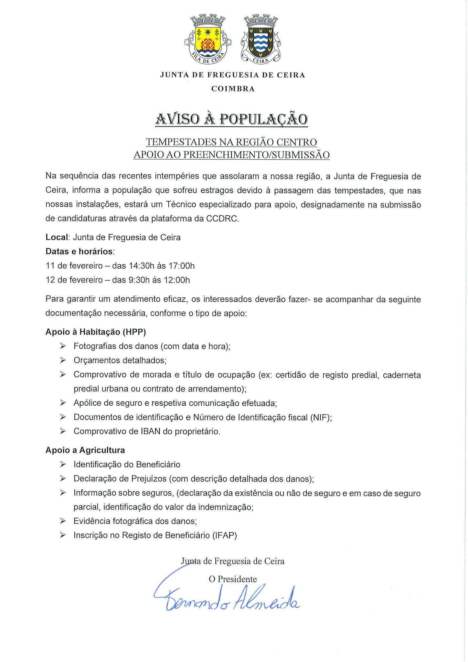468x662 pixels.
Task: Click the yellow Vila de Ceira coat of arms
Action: click(208, 40)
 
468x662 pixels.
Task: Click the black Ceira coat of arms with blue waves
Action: click(260, 40)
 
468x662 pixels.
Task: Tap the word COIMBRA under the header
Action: click(233, 89)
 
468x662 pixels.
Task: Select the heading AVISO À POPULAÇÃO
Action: click(231, 119)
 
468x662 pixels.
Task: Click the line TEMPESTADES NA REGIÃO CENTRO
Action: click(231, 142)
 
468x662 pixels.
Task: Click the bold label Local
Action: click(57, 238)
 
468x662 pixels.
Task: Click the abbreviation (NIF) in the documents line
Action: click(321, 417)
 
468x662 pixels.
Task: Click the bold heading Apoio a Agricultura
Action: click(85, 450)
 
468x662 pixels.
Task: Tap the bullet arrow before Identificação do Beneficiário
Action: click(63, 464)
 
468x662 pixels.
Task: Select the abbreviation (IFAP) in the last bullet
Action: click(225, 536)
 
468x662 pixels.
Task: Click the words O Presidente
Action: click(233, 579)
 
